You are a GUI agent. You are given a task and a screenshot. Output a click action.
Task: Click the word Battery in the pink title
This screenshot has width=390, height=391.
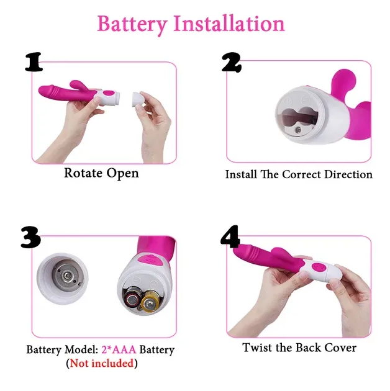tap(132, 24)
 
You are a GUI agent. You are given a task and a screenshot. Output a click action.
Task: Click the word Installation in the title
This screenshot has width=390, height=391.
tap(229, 23)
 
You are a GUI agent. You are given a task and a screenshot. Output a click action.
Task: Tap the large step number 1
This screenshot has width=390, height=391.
tap(34, 62)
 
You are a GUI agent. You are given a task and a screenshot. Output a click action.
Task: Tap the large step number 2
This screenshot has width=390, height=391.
tap(232, 62)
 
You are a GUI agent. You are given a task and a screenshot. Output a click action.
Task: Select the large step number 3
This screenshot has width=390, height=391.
tap(30, 237)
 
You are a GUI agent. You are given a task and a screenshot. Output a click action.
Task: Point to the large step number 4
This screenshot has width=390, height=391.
tap(230, 236)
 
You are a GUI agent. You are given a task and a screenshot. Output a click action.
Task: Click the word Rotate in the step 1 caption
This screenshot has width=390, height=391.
tap(83, 173)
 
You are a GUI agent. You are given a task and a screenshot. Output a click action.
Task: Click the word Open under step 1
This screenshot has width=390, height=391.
tap(122, 174)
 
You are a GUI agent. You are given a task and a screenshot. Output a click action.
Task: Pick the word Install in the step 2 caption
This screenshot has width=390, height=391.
tap(241, 174)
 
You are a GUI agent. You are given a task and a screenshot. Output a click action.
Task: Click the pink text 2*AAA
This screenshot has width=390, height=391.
tap(119, 349)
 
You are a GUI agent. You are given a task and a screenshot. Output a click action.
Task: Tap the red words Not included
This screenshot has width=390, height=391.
tap(102, 363)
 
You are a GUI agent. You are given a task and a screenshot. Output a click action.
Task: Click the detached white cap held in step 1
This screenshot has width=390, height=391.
tap(138, 99)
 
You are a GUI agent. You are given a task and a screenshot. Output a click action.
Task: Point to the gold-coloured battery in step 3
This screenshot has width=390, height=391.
tap(150, 302)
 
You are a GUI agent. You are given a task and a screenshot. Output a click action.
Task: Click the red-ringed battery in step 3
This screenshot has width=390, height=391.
tap(132, 298)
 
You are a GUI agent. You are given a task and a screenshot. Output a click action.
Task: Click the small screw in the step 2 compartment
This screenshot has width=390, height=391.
tap(297, 130)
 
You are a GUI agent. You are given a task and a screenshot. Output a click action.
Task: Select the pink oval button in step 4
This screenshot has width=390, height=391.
tap(319, 267)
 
